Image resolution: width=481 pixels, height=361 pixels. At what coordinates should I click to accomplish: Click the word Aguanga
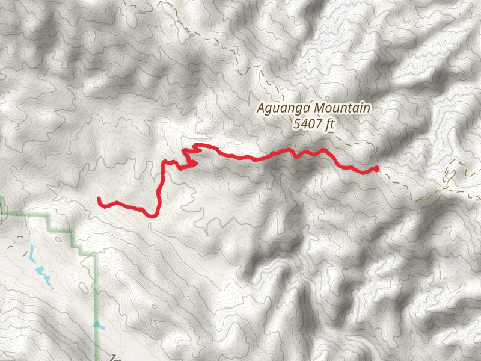(x=279, y=109)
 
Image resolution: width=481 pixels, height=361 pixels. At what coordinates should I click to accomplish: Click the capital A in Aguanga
(x=260, y=109)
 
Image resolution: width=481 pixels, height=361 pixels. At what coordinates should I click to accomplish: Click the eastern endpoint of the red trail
(x=376, y=168)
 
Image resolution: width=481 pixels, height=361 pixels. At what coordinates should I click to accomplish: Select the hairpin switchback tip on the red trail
(x=197, y=162)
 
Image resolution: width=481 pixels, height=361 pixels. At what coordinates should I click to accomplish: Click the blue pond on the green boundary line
(x=98, y=326)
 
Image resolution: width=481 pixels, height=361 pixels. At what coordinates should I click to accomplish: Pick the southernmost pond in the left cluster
(x=46, y=282)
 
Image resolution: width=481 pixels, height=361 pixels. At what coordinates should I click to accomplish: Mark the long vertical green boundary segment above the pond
(x=97, y=289)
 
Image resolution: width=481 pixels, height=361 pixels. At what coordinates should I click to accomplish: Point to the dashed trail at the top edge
(x=161, y=2)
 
